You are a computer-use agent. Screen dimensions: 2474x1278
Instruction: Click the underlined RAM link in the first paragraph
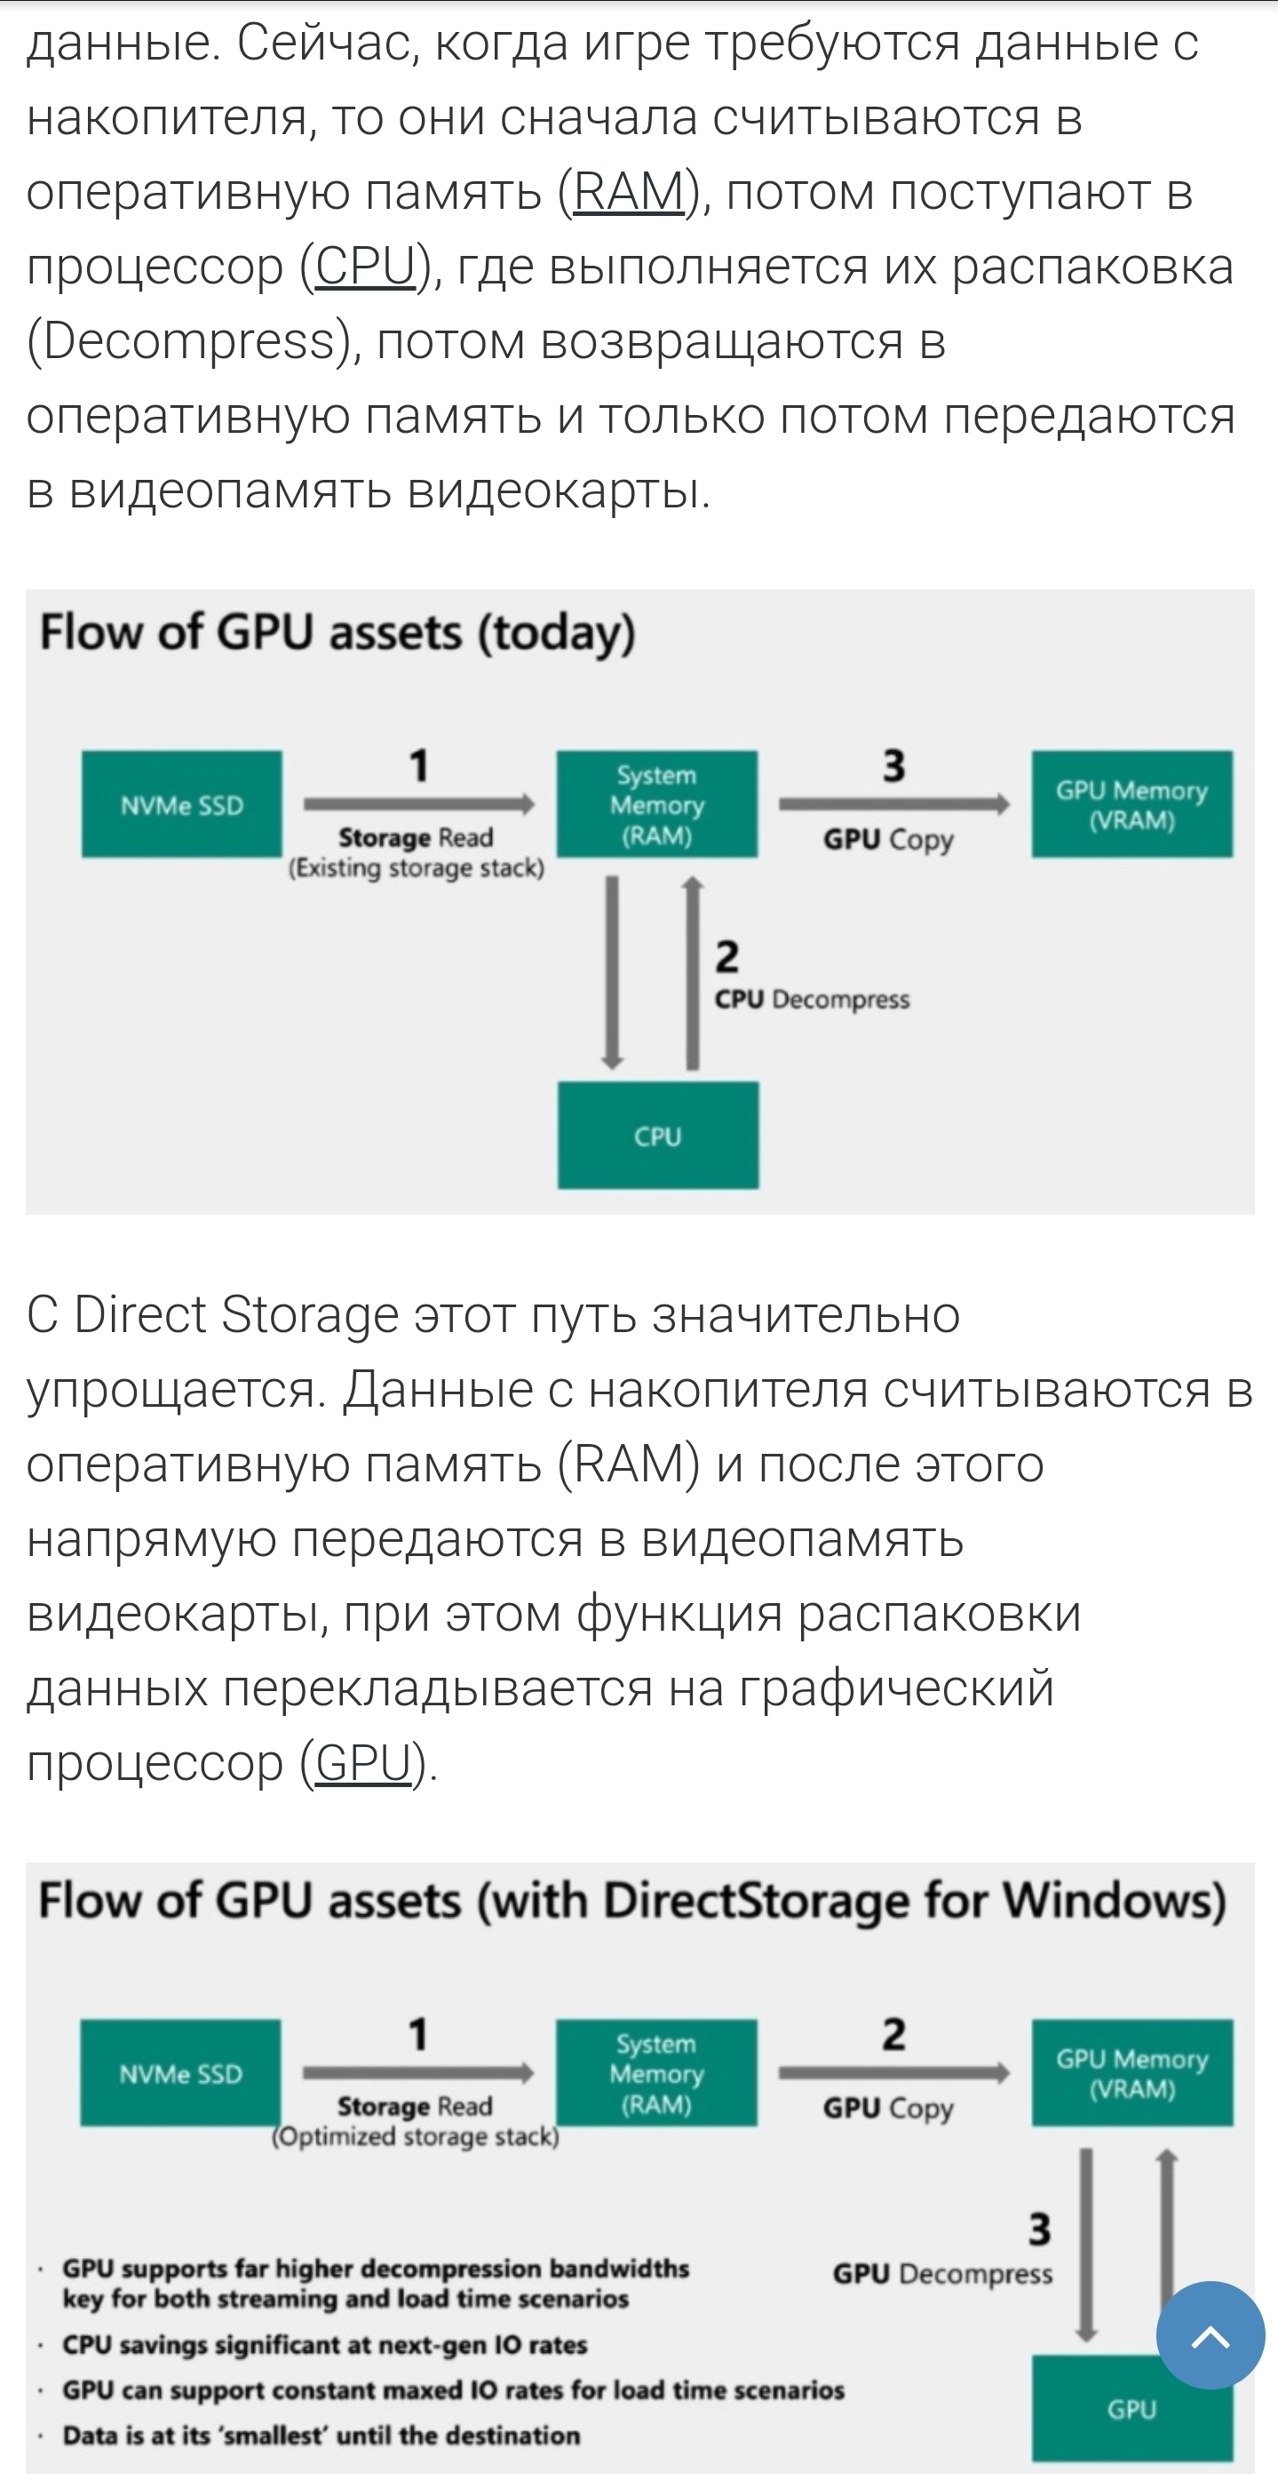629,191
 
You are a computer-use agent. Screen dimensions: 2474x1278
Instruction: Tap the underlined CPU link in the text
365,266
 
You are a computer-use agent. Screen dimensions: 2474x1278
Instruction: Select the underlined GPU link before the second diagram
363,1762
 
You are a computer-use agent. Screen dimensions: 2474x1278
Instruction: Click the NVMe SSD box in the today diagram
181,805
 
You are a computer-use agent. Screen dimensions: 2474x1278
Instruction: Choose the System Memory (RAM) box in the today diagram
657,805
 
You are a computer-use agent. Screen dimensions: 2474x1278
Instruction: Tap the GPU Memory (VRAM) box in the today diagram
1132,805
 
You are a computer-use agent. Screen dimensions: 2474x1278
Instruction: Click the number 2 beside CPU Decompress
726,958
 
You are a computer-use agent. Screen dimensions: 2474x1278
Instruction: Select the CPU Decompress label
812,1000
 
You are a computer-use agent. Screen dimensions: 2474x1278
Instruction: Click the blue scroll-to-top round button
1210,2335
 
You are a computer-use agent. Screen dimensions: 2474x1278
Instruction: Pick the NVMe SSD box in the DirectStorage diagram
180,2073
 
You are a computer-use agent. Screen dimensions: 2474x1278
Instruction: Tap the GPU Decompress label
942,2274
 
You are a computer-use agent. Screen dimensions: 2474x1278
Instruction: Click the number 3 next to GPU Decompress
1039,2229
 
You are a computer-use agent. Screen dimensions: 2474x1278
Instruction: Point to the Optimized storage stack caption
416,2137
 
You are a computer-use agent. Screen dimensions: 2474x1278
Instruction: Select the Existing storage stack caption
416,868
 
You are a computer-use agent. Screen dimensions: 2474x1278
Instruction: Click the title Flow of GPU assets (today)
337,633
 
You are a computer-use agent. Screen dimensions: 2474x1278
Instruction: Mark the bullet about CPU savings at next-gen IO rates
324,2344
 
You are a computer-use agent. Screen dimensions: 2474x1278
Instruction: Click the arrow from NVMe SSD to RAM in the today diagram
418,804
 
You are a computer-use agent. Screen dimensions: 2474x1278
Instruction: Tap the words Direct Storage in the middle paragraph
235,1315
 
